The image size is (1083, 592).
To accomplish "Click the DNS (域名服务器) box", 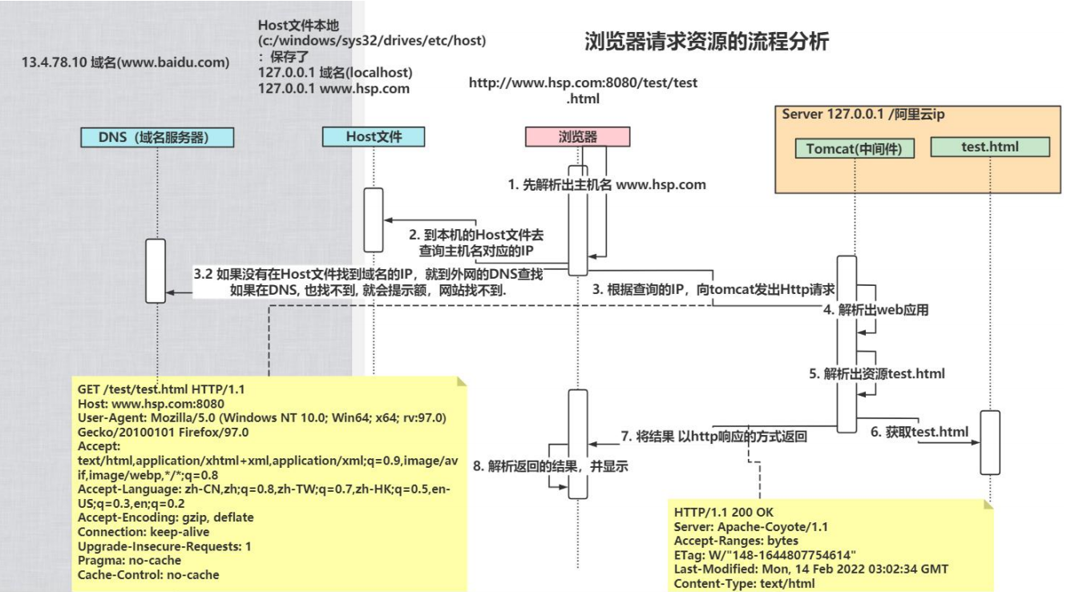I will coord(157,137).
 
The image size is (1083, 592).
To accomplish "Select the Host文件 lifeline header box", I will coord(373,137).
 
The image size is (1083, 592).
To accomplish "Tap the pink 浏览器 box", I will coord(577,137).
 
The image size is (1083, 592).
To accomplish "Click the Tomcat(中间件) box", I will coord(855,148).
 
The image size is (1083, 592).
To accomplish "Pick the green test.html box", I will coord(990,147).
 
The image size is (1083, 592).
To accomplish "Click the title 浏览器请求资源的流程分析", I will coord(706,42).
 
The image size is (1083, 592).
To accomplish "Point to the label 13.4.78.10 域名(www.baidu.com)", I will coord(126,62).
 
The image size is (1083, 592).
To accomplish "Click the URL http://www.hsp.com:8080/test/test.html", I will coord(583,91).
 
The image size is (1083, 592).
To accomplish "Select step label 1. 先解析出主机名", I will coord(607,184).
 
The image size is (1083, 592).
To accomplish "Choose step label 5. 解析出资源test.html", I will coord(876,373).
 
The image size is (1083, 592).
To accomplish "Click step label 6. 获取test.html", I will coord(919,432).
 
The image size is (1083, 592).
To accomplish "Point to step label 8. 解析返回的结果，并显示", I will coord(550,465).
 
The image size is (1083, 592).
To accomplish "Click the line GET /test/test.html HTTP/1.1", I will coord(161,389).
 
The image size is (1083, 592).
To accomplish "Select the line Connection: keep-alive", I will coord(143,532).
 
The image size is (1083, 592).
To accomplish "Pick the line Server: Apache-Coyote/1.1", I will coord(751,526).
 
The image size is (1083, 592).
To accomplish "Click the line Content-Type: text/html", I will coord(745,583).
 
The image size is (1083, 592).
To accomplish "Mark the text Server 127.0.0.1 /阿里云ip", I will coord(863,115).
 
